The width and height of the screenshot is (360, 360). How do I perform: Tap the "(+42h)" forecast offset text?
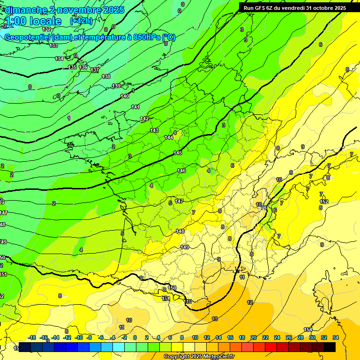tap(81, 21)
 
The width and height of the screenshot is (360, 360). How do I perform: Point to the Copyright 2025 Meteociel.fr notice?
tap(199, 357)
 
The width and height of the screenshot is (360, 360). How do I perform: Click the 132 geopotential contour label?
tap(46, 29)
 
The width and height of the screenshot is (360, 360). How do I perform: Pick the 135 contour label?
tap(72, 67)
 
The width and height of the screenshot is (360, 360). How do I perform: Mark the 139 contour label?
tap(116, 86)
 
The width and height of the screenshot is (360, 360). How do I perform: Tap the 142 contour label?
tap(144, 119)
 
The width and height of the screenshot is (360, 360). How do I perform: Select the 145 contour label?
tap(178, 153)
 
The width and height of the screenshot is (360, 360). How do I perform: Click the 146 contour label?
tap(181, 171)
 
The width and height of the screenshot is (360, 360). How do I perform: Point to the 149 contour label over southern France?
tap(185, 247)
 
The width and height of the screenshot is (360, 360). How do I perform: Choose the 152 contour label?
tap(324, 202)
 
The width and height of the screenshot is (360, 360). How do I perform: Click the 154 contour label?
tap(308, 330)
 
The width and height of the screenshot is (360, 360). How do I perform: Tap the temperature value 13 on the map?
tap(215, 319)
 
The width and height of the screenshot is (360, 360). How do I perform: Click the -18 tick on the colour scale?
tap(32, 337)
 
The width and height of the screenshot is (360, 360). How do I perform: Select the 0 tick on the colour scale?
tap(135, 337)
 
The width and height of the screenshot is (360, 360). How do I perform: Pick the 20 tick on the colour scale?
tap(253, 337)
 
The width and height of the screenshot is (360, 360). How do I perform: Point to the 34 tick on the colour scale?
tap(335, 337)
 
